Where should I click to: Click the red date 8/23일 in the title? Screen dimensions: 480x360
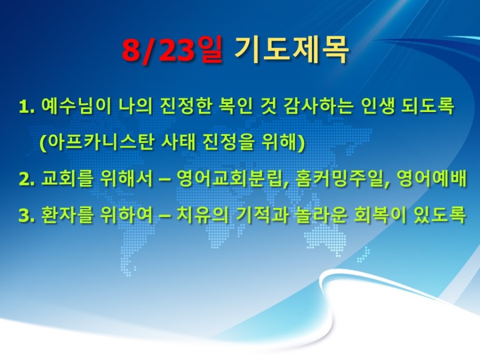(172, 50)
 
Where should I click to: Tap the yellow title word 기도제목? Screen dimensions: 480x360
(291, 50)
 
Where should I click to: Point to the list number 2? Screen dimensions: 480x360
(26, 179)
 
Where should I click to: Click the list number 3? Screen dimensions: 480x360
(26, 215)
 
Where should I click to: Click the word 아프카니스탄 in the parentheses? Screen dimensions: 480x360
(97, 142)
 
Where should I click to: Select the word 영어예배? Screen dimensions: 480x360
(431, 178)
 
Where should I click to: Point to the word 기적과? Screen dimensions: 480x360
(262, 214)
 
